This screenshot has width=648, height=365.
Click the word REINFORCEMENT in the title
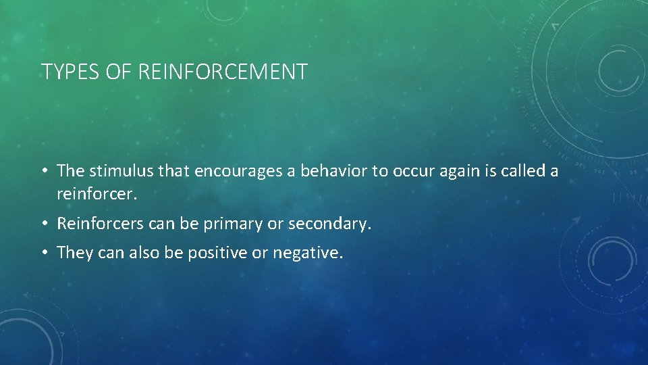(223, 71)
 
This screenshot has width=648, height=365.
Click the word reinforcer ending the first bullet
(96, 195)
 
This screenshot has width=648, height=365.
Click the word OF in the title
(117, 71)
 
